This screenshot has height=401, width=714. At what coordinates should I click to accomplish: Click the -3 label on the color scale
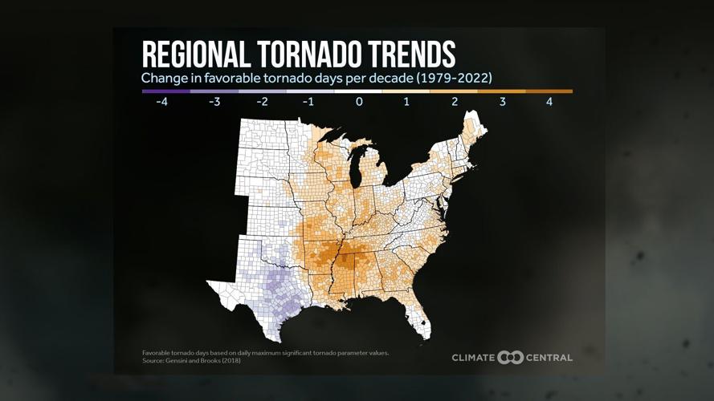point(214,103)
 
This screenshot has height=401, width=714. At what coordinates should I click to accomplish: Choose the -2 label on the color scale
point(262,103)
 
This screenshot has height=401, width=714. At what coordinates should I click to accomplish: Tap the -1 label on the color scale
point(309,103)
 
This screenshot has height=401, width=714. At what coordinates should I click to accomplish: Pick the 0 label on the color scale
point(359,103)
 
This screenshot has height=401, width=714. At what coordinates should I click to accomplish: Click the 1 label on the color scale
point(406,103)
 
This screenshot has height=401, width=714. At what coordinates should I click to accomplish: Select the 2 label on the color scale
point(454,103)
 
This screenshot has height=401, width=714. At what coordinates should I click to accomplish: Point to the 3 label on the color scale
point(501,103)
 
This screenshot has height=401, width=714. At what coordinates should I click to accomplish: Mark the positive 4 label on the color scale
point(549,103)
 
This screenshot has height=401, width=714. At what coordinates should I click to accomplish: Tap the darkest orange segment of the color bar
point(549,91)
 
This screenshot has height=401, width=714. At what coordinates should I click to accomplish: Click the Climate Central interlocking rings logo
point(510,358)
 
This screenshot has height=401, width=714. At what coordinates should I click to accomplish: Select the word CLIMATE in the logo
point(473,358)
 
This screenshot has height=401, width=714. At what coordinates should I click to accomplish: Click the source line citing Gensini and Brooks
point(191,361)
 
